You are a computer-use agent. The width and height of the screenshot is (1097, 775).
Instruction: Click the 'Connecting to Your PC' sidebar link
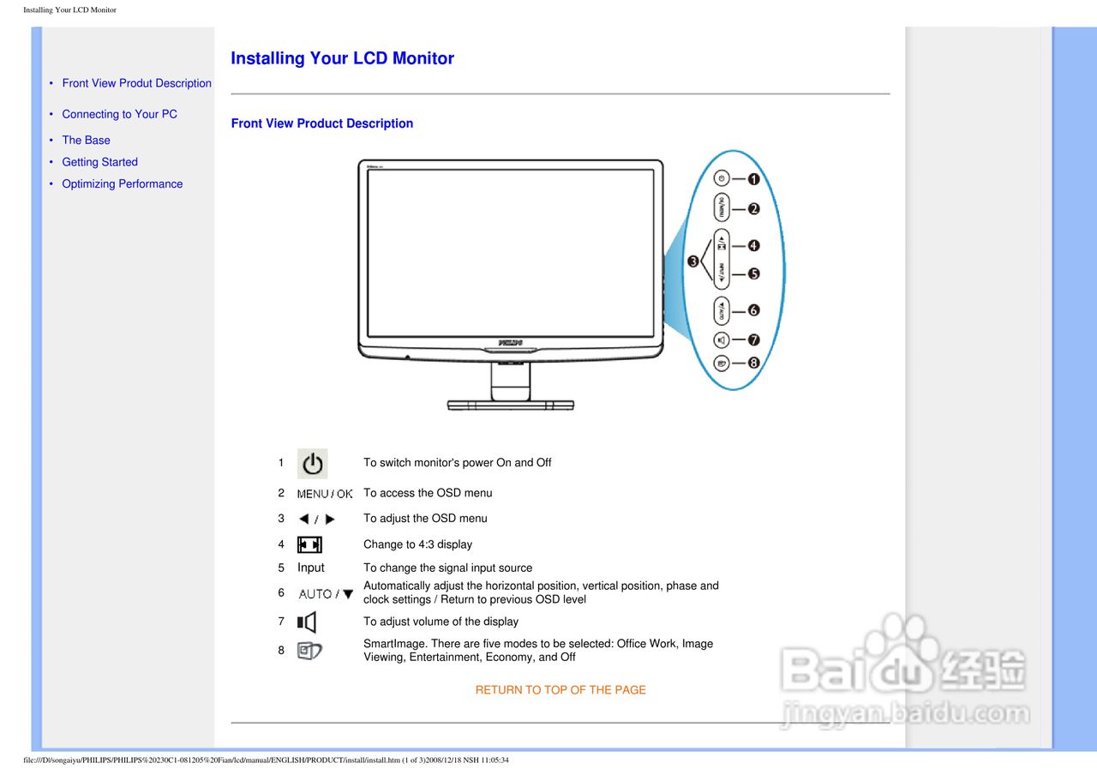pos(119,114)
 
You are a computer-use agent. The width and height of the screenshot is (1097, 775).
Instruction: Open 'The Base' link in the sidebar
pos(86,140)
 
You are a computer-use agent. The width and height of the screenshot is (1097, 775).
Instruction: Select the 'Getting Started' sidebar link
pos(99,162)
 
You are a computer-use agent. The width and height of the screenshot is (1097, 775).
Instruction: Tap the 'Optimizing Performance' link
pos(122,183)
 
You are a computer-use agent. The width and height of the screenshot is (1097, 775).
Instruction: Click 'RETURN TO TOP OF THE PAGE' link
pos(560,690)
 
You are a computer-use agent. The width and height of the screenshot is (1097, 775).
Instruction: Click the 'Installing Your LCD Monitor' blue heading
pos(342,58)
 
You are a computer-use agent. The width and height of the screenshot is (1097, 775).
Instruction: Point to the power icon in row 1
pos(313,464)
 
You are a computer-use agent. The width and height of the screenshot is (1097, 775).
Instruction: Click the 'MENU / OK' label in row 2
pos(325,494)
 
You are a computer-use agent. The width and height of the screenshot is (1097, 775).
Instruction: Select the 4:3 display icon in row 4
pos(309,544)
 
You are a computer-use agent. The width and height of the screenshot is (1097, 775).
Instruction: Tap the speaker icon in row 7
pos(307,622)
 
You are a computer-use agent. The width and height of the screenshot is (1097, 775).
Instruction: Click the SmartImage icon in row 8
pos(309,651)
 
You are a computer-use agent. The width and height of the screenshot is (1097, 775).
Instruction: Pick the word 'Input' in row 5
pos(311,568)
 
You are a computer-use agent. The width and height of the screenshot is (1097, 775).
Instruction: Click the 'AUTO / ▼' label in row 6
pos(326,593)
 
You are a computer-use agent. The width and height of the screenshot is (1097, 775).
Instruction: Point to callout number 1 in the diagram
pos(753,179)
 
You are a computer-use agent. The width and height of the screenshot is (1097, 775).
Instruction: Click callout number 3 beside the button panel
pos(692,261)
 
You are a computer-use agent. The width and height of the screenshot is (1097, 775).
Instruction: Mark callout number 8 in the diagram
pos(753,363)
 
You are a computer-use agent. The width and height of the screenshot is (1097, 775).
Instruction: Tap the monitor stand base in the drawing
pos(511,404)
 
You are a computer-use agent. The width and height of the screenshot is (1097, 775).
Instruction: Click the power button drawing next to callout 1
pos(722,179)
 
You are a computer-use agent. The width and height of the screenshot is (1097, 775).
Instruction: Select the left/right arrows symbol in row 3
pos(316,520)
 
